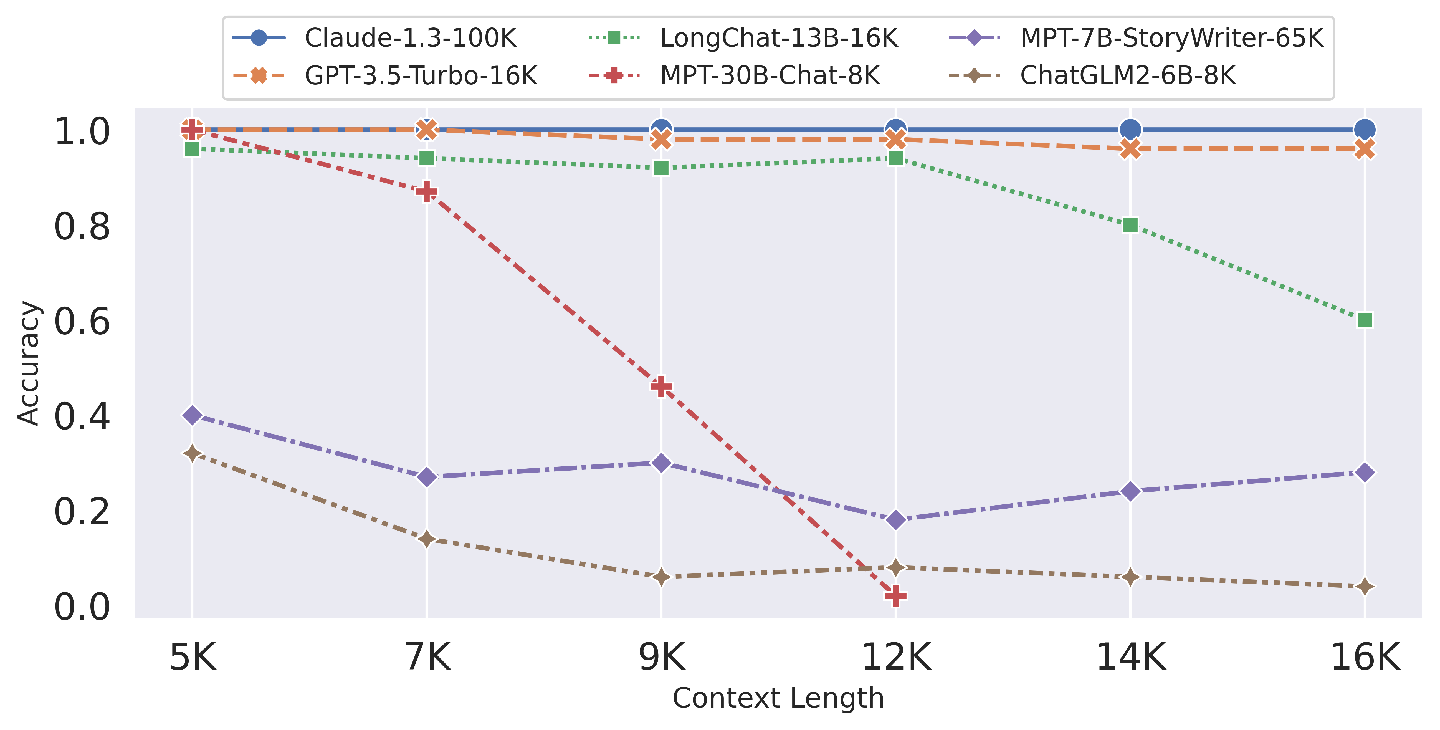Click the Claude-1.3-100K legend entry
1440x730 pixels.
tap(410, 38)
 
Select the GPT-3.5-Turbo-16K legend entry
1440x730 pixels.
tap(420, 75)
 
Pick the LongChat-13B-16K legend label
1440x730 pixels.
tap(779, 38)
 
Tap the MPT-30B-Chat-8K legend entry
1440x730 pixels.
tap(770, 75)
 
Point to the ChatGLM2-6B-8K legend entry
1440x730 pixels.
tap(1128, 75)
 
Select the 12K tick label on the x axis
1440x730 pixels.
tap(896, 657)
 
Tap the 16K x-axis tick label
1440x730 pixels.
tap(1365, 657)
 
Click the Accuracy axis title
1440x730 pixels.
tap(28, 363)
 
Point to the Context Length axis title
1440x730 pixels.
tap(778, 698)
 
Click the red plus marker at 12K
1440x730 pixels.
tap(895, 596)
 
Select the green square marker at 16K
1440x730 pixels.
tap(1365, 320)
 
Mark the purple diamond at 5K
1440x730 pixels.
tap(192, 415)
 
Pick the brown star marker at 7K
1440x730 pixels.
tap(427, 539)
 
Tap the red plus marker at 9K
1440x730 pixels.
tap(661, 386)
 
